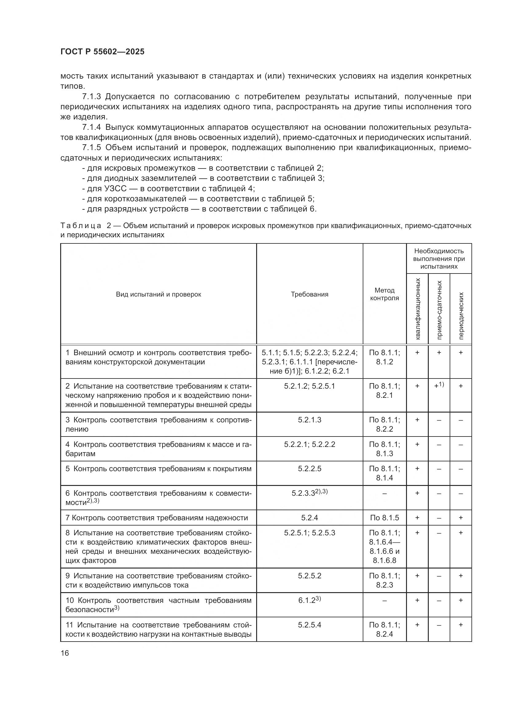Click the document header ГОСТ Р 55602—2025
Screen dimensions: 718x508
(x=102, y=52)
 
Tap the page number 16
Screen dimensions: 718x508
(x=65, y=653)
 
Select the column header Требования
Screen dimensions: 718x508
(x=309, y=294)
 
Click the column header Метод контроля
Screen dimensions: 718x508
(x=385, y=294)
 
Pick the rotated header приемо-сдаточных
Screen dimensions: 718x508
(x=439, y=310)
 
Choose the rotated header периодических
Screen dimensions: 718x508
(x=461, y=316)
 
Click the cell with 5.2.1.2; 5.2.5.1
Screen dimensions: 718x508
(x=309, y=386)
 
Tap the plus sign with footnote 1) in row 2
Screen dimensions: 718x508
(x=439, y=386)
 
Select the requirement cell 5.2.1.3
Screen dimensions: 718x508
(x=309, y=420)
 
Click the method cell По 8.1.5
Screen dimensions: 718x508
(x=385, y=518)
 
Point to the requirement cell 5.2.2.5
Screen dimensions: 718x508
(x=309, y=469)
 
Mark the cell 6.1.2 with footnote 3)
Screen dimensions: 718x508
(x=309, y=600)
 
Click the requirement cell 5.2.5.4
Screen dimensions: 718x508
(x=309, y=625)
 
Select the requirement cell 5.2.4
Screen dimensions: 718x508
(x=309, y=518)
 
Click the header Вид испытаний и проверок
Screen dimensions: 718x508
(x=158, y=294)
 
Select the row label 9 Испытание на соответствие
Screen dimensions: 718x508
(x=158, y=576)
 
